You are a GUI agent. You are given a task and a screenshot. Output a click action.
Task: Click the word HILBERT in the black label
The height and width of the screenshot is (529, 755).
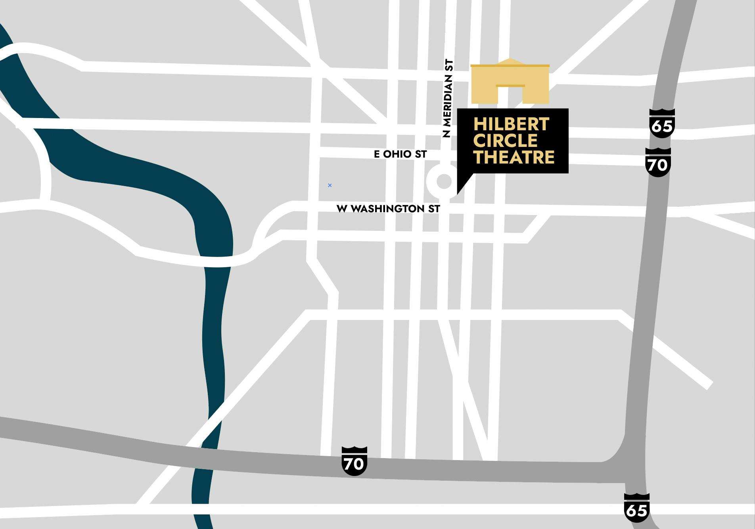511,124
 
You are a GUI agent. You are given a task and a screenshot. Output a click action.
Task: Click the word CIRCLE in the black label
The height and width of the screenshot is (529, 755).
505,141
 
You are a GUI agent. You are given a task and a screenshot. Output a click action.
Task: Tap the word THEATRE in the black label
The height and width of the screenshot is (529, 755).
514,157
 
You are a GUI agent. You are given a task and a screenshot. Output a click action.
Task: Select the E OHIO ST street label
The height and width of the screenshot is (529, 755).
400,154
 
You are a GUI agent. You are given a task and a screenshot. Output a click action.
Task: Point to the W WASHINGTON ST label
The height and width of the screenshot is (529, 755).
388,209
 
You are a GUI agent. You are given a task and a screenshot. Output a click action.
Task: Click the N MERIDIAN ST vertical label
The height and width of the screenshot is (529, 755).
447,98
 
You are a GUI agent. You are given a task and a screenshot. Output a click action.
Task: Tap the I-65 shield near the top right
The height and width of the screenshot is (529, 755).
662,124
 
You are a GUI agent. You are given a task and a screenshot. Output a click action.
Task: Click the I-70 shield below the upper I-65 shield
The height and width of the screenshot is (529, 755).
658,162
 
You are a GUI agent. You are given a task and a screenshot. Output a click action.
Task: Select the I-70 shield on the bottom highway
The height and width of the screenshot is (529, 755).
354,461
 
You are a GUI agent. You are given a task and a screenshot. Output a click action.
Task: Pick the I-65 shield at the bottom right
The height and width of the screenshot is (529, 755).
636,508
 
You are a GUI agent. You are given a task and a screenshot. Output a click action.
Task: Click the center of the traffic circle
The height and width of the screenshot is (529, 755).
444,182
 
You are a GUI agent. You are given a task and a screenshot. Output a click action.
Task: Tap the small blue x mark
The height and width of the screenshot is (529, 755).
330,185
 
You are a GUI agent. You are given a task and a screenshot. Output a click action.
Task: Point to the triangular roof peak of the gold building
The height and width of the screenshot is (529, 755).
510,61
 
